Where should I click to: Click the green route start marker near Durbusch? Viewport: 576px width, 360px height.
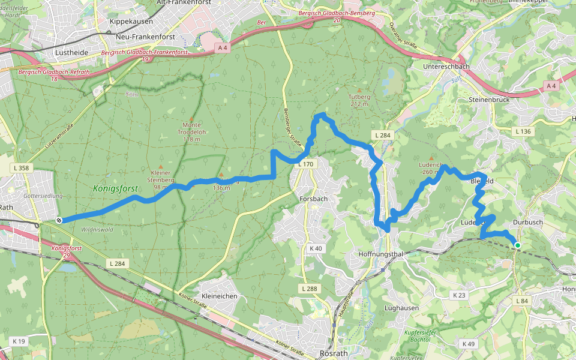[x=517, y=245]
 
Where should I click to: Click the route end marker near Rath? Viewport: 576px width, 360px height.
[x=59, y=220]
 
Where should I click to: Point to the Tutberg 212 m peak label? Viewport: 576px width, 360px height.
[x=359, y=100]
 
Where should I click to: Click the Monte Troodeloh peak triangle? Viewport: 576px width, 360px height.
[x=191, y=118]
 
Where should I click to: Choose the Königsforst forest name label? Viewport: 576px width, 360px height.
[x=116, y=188]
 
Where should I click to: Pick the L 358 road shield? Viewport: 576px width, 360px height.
[x=20, y=168]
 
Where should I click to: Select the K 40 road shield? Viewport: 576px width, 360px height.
[x=316, y=248]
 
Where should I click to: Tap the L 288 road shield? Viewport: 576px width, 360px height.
[x=308, y=289]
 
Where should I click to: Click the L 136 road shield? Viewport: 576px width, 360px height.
[x=523, y=131]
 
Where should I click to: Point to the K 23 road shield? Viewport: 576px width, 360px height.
[x=460, y=295]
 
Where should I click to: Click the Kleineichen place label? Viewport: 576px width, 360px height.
[x=220, y=296]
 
